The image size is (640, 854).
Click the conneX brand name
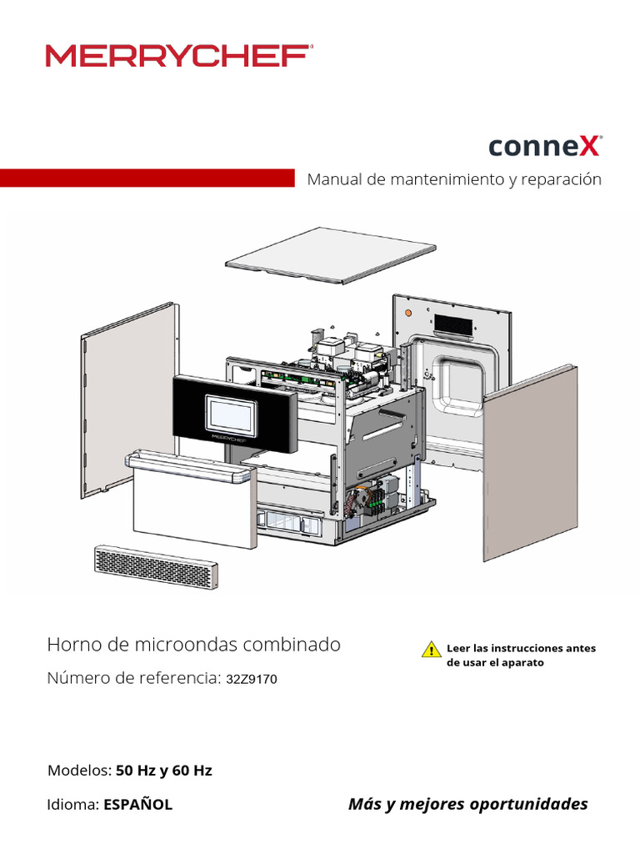point(544,147)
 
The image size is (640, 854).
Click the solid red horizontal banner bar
point(147,178)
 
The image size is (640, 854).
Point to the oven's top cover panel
point(331,254)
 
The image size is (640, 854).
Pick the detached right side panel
point(530,463)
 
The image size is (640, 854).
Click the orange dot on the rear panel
point(407,313)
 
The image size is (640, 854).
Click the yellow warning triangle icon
point(431,649)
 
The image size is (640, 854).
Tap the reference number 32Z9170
point(252,680)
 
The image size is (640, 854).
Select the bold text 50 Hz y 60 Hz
point(163,770)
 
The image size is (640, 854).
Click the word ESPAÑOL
point(137,805)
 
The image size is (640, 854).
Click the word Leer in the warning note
point(458,648)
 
